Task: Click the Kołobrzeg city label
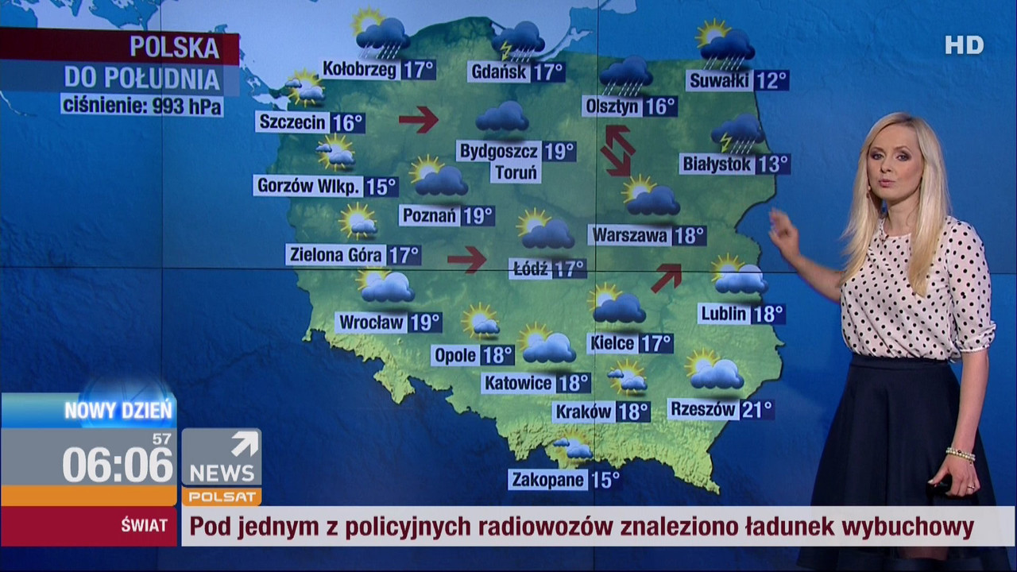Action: tap(360, 70)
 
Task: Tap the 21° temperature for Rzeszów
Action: tap(756, 410)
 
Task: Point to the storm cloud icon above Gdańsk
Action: tap(518, 40)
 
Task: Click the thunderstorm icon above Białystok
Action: tap(737, 132)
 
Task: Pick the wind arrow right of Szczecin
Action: tap(419, 119)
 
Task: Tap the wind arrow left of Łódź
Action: tap(466, 259)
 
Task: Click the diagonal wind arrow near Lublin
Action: tap(667, 277)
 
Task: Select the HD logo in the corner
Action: tap(964, 45)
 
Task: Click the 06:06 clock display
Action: tap(118, 464)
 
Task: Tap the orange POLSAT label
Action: tap(221, 497)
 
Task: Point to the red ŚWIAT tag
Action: tap(144, 525)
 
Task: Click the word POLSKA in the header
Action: tap(175, 48)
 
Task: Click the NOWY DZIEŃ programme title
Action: tap(118, 411)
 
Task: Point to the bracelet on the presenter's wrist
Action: tap(960, 454)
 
